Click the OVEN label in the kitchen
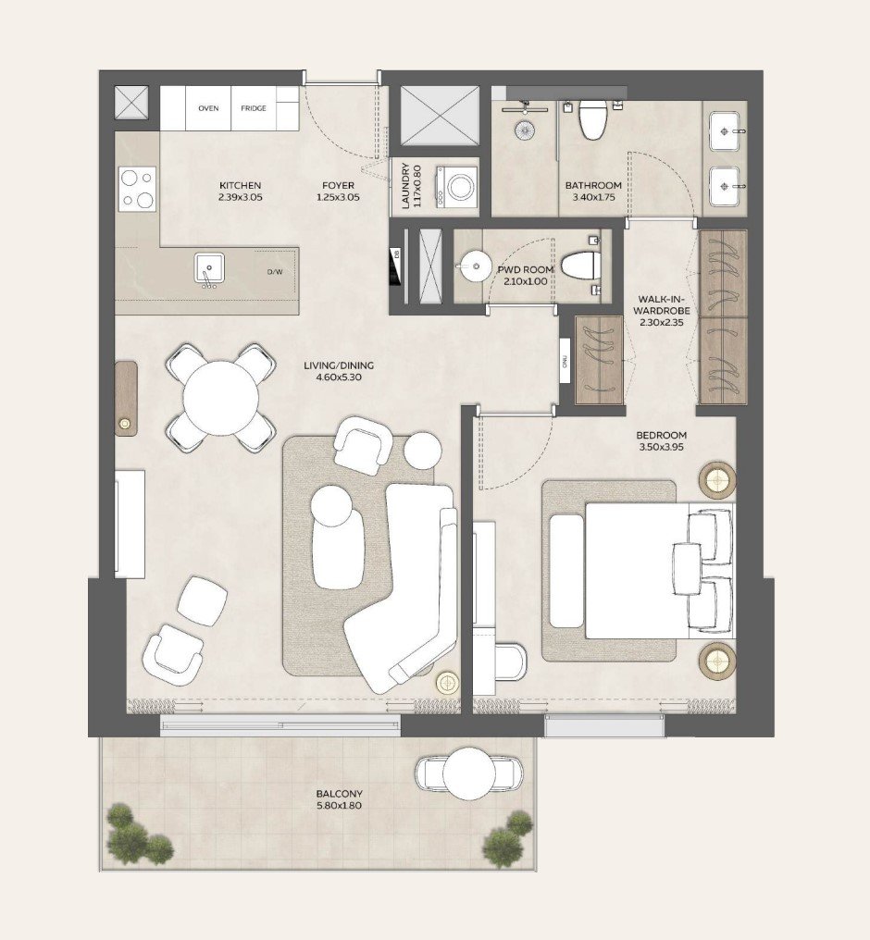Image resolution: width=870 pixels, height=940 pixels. click(x=208, y=109)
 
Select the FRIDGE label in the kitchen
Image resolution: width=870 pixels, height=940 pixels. click(x=254, y=109)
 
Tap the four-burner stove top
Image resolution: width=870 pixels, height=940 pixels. click(x=137, y=188)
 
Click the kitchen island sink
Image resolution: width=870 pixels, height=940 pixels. click(x=208, y=269)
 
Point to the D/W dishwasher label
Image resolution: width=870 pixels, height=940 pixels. click(x=275, y=272)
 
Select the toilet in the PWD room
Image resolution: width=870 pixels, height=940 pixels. click(x=581, y=266)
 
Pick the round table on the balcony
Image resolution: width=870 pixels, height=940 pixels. click(x=468, y=773)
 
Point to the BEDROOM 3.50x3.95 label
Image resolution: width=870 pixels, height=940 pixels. click(x=661, y=441)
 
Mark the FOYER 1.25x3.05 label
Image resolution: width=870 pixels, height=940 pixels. click(x=338, y=192)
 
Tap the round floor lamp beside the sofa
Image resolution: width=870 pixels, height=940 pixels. click(x=448, y=683)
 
